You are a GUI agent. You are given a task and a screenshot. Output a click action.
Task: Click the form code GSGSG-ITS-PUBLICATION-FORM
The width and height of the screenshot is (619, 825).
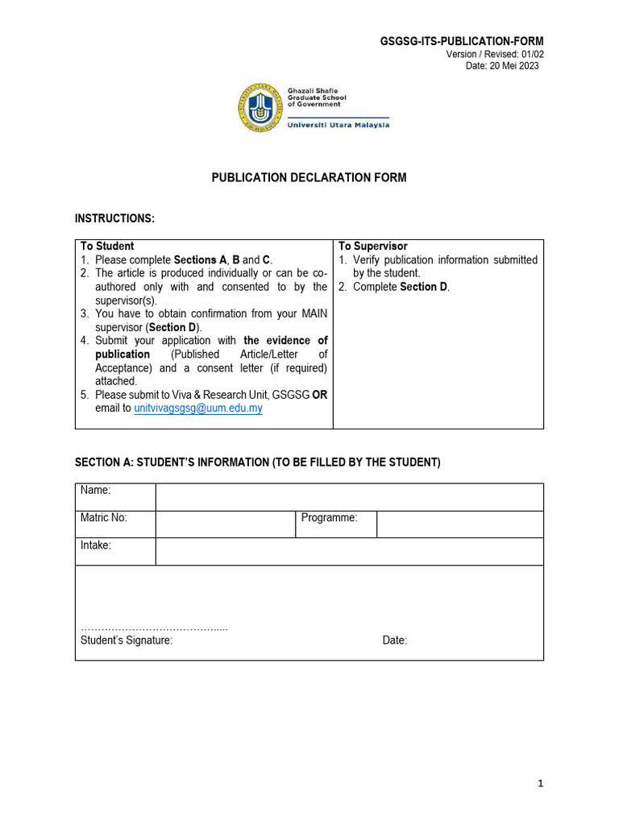coord(462,41)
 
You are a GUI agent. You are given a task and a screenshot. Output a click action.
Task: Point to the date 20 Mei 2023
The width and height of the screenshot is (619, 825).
coord(502,66)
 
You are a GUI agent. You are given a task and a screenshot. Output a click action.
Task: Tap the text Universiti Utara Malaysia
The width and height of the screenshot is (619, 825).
coord(339,125)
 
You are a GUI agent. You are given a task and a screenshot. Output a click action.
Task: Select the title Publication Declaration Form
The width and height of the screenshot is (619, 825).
coord(309,177)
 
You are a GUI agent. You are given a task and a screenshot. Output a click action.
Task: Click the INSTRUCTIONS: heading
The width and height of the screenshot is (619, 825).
coord(114,218)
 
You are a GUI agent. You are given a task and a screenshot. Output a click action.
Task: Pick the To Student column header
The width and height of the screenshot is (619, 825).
coord(107,246)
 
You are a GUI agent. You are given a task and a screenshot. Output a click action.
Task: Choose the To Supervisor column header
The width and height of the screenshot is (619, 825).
coord(372,246)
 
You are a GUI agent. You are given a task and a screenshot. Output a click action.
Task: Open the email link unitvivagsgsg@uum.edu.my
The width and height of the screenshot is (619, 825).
coord(197,408)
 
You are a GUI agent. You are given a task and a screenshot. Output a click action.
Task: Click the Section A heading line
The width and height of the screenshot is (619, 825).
coord(258,462)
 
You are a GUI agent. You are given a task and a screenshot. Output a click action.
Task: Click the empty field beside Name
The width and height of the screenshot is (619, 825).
coord(349,497)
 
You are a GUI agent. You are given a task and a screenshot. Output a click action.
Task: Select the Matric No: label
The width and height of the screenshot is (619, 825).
coord(104,518)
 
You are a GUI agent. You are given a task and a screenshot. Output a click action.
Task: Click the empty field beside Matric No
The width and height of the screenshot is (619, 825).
coord(225,524)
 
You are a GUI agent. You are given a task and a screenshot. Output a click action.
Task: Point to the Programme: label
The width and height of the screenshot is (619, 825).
coord(329,518)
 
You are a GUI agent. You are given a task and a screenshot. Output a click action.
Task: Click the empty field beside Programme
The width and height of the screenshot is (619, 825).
coord(459,524)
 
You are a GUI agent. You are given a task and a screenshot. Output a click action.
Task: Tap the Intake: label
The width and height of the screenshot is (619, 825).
coord(96,545)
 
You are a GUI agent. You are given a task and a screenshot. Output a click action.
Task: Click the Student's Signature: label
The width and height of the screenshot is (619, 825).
coord(127,641)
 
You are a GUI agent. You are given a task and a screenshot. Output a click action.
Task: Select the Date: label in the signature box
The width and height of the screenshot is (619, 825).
coord(395,641)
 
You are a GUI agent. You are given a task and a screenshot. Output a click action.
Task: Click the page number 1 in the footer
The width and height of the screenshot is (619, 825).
coord(540,783)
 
